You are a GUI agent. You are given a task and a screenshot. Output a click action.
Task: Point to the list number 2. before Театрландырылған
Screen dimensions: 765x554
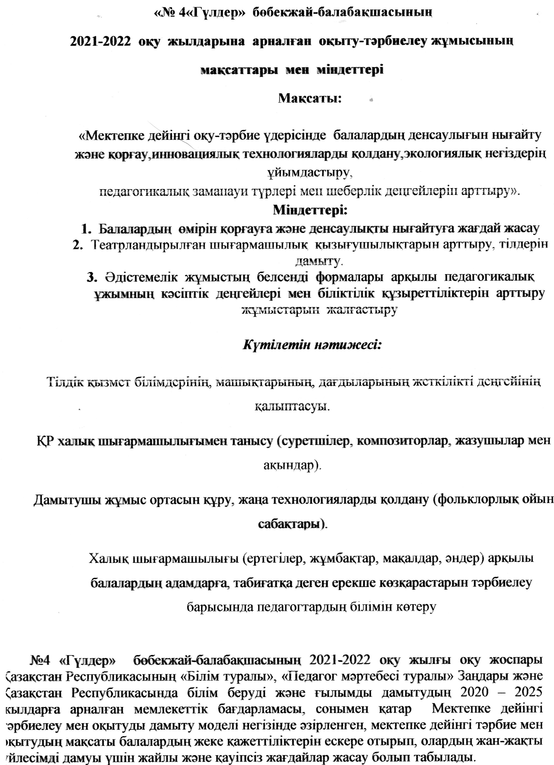click(78, 245)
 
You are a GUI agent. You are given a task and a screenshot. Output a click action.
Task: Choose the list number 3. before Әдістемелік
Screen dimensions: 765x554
click(92, 277)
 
